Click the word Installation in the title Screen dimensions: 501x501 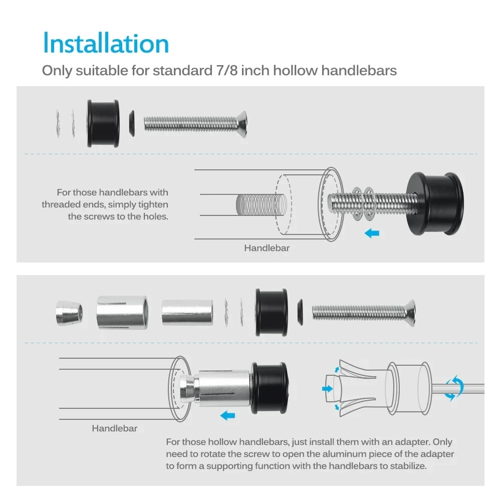point(106,43)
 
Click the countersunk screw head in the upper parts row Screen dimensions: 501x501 point(242,124)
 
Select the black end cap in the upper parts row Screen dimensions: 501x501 point(103,124)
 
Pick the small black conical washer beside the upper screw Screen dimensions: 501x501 point(132,123)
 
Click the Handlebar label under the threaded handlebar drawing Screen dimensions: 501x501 point(267,248)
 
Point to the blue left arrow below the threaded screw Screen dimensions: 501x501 point(372,233)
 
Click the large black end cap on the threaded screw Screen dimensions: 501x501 point(435,203)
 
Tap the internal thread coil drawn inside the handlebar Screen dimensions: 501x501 point(261,205)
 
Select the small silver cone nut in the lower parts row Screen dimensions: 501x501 point(69,313)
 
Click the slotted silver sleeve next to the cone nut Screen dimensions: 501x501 point(122,313)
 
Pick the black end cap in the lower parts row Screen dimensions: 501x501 point(272,312)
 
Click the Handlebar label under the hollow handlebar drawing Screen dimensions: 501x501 point(114,428)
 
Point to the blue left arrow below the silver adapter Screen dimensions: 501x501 point(227,416)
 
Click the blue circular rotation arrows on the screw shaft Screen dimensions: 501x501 point(454,388)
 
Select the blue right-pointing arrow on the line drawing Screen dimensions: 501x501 point(328,389)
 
